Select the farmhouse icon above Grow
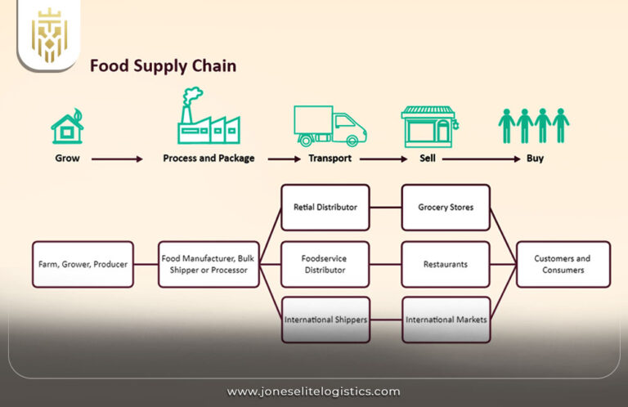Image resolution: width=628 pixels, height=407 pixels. point(67,127)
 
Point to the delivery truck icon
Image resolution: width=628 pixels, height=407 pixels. point(330,126)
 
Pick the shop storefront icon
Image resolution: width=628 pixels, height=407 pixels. point(428,126)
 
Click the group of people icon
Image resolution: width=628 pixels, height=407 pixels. point(534,125)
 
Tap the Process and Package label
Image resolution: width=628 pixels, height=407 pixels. point(209,159)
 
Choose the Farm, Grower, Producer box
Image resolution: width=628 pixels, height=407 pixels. point(83,264)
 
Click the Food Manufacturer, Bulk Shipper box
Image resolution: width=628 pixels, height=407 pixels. point(209,264)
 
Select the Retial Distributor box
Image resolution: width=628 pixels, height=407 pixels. point(325,208)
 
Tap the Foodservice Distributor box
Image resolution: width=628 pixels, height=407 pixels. point(325,264)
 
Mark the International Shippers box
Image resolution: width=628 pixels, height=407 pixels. point(325,319)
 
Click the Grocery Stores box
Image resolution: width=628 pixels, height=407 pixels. point(446,208)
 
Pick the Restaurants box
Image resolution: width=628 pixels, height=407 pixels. point(446,264)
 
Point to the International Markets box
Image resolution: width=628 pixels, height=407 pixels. point(446,319)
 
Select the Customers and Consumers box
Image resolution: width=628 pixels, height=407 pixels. point(563,264)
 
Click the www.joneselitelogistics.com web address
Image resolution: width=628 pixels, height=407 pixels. point(313,391)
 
